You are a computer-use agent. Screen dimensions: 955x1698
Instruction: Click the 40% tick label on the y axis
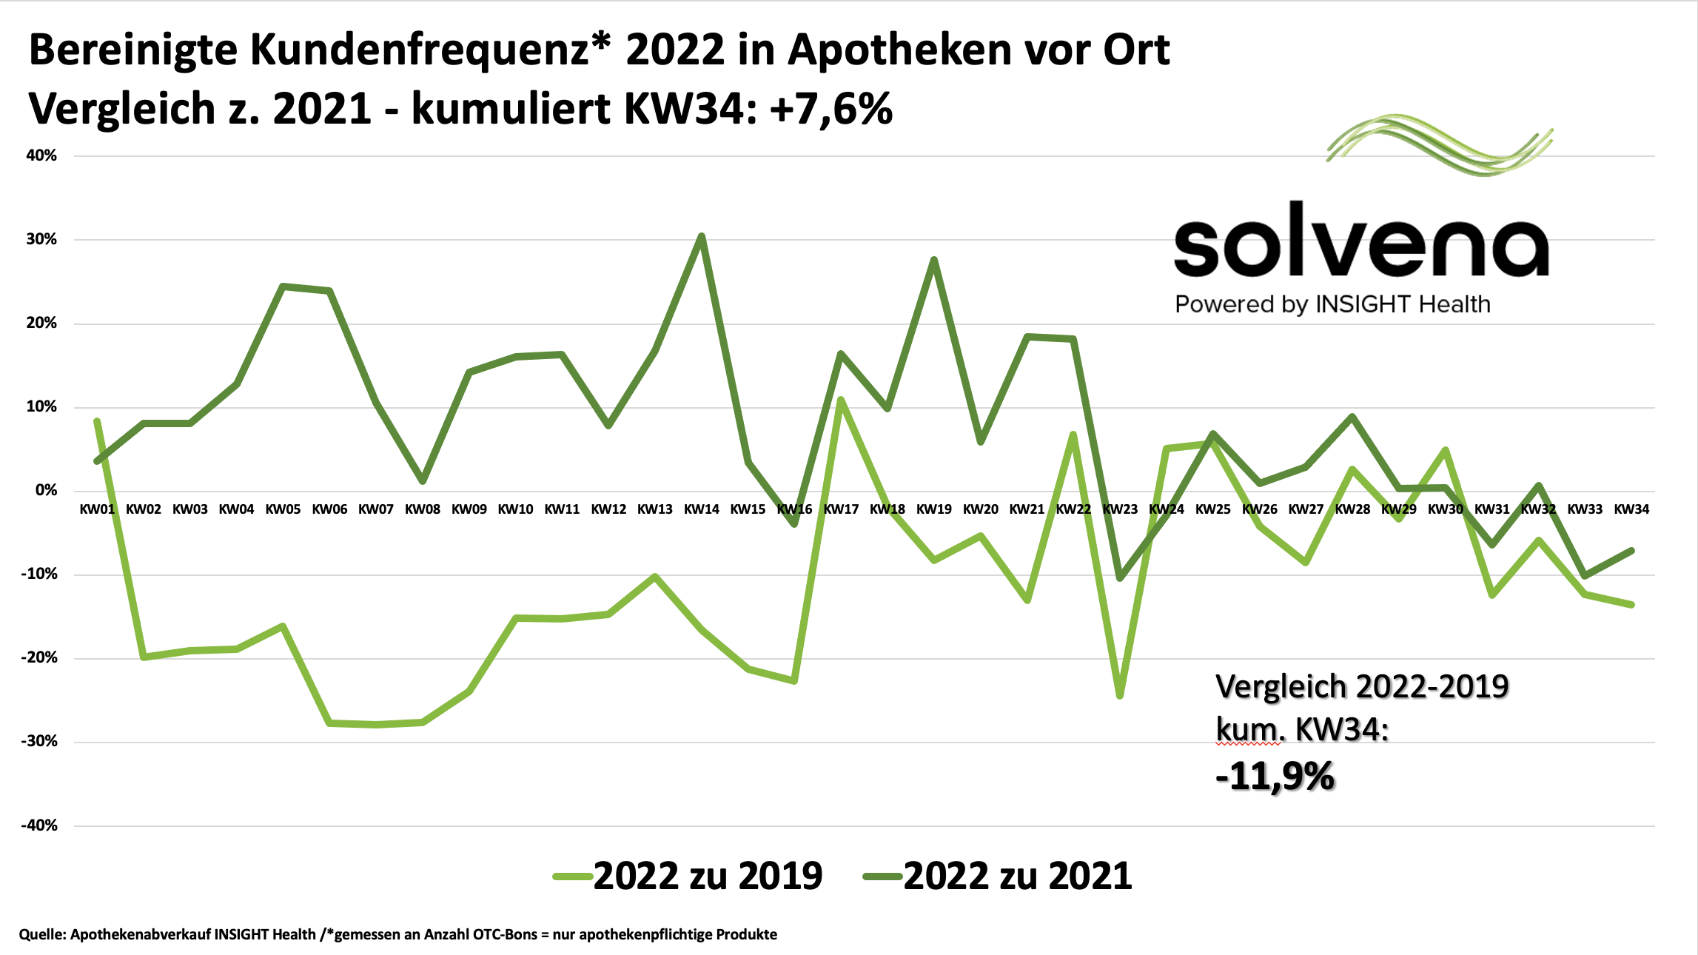click(x=41, y=155)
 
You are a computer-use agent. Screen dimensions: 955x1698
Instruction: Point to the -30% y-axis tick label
click(x=39, y=741)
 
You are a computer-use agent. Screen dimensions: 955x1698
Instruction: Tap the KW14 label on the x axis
click(x=701, y=509)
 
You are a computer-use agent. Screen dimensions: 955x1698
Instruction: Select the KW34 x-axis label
click(x=1631, y=509)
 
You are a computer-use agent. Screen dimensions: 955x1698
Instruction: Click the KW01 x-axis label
click(x=97, y=509)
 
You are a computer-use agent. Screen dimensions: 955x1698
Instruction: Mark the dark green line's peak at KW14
click(x=701, y=236)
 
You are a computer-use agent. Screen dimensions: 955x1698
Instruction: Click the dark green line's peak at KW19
click(x=934, y=260)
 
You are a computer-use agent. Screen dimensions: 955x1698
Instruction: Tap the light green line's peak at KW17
click(x=841, y=400)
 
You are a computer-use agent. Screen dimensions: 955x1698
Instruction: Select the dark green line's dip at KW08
click(x=423, y=481)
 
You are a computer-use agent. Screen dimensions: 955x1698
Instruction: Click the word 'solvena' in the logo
click(x=1360, y=241)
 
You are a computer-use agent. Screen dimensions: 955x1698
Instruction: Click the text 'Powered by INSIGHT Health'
click(x=1332, y=304)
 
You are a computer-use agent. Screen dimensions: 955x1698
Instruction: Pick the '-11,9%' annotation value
click(x=1275, y=777)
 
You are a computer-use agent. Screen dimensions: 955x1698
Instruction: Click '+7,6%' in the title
click(x=830, y=109)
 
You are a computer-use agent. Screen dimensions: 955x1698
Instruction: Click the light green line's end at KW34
click(x=1631, y=605)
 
